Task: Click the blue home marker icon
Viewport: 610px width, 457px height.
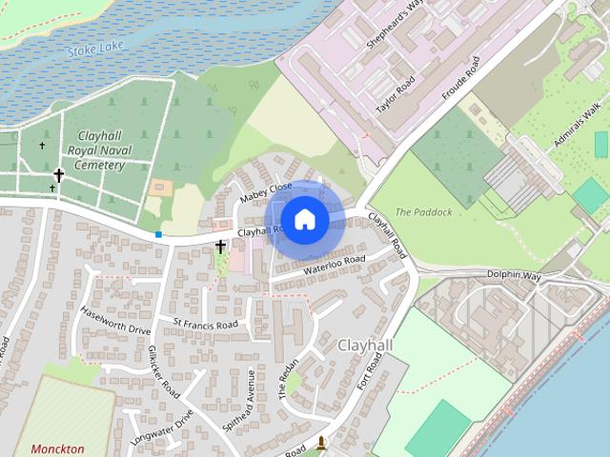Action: (x=304, y=219)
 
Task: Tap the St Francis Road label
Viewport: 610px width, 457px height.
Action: (x=205, y=325)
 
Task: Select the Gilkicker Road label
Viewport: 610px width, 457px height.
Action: (x=164, y=371)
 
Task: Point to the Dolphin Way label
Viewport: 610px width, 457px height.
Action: (x=515, y=276)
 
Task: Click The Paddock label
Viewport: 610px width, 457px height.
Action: (x=423, y=211)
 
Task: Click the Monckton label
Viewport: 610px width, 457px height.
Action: (x=57, y=448)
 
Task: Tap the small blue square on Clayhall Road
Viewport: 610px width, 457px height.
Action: (x=158, y=233)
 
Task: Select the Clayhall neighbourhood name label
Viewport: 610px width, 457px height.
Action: (x=365, y=346)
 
